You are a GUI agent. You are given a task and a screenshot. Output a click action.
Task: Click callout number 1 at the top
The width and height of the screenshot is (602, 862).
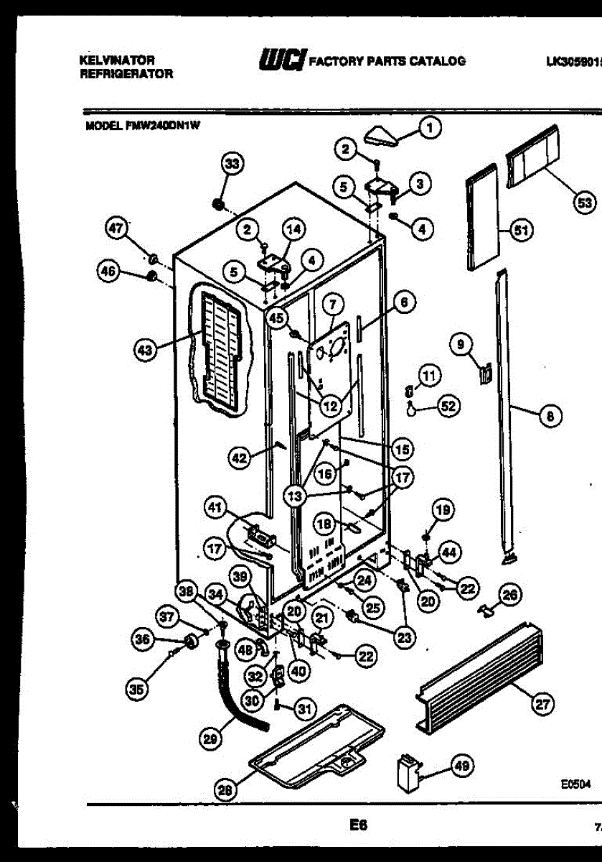429,129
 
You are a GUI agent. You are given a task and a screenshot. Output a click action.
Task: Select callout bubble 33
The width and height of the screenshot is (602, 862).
231,164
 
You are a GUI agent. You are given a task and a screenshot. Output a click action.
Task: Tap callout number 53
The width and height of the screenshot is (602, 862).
585,203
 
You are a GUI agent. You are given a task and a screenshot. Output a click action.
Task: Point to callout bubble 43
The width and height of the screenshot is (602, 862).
146,351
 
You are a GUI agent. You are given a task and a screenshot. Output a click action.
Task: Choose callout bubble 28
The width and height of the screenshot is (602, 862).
226,791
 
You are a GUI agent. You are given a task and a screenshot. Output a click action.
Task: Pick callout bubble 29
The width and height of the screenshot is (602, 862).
210,737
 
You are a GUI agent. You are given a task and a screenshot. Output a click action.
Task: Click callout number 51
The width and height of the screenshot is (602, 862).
521,230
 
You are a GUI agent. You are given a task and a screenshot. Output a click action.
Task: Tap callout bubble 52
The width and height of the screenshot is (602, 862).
448,407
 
